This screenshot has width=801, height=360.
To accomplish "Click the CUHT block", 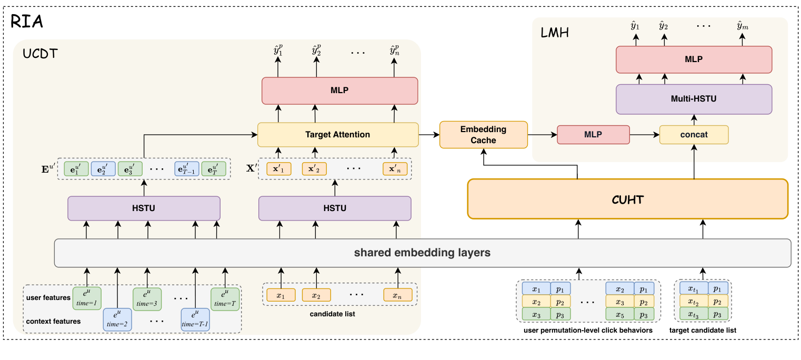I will click(627, 198).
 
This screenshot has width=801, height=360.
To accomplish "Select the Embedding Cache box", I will click(483, 135).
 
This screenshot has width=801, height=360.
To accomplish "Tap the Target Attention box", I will click(337, 135).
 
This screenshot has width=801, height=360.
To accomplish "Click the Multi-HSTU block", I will click(693, 98).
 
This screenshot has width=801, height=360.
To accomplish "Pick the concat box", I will click(694, 135).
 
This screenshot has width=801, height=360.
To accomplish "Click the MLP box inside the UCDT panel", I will click(339, 91).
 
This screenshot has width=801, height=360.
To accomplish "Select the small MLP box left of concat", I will click(593, 135).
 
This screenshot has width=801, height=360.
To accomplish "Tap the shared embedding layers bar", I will click(423, 253).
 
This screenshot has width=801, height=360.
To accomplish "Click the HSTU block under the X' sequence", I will click(334, 208).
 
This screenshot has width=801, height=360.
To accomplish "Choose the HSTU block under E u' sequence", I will click(144, 208).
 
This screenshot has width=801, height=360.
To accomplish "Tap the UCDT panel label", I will click(40, 54).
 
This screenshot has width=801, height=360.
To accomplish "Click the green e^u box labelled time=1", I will click(87, 298).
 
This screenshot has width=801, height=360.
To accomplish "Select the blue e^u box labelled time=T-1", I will click(195, 319).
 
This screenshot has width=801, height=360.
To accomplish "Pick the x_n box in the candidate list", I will click(397, 295).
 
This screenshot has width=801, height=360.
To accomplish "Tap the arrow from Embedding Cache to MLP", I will click(542, 135).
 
